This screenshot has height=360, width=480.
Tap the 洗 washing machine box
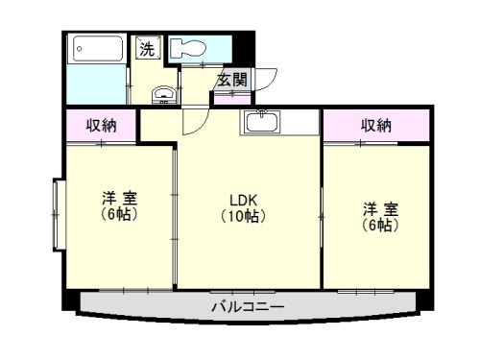[x=148, y=49]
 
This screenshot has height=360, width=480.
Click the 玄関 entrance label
[x=230, y=80]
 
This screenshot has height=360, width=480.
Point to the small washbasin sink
[x=164, y=94]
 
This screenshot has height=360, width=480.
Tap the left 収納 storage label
[x=102, y=126]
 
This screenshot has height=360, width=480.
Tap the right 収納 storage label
[x=376, y=126]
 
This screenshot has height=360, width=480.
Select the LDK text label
[x=242, y=201]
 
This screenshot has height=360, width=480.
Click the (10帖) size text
[x=242, y=216]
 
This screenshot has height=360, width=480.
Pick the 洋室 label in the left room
[x=120, y=199]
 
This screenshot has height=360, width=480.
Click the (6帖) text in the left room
[x=120, y=214]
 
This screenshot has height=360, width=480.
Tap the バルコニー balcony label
[x=247, y=307]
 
